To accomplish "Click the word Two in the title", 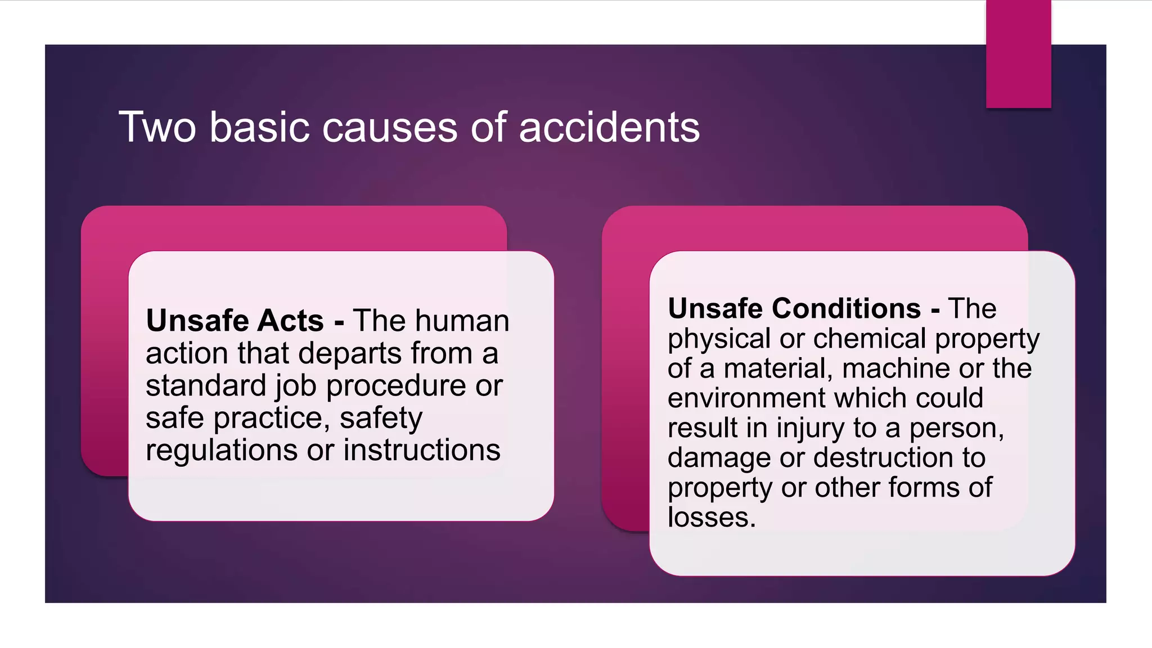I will pos(157,127).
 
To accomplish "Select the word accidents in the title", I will pos(609,127).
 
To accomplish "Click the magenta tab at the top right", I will pos(1018,54).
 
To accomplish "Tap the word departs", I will pos(350,353).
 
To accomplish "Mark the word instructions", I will pos(422,450).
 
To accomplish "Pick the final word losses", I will pos(712,517).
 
